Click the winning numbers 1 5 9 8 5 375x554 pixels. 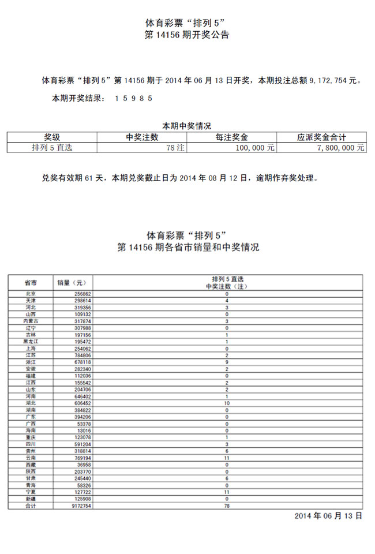tap(133, 98)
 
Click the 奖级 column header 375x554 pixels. tap(52, 137)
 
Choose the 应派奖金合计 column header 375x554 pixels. tap(321, 137)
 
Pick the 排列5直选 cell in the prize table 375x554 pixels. tap(52, 148)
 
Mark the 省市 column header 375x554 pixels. tap(31, 283)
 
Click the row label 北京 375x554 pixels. tap(31, 294)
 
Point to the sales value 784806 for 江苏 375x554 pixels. tap(80, 355)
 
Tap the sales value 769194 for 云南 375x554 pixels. tap(80, 458)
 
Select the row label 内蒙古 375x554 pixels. tap(31, 321)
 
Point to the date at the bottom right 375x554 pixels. tap(328, 515)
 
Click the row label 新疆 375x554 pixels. tap(31, 499)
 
